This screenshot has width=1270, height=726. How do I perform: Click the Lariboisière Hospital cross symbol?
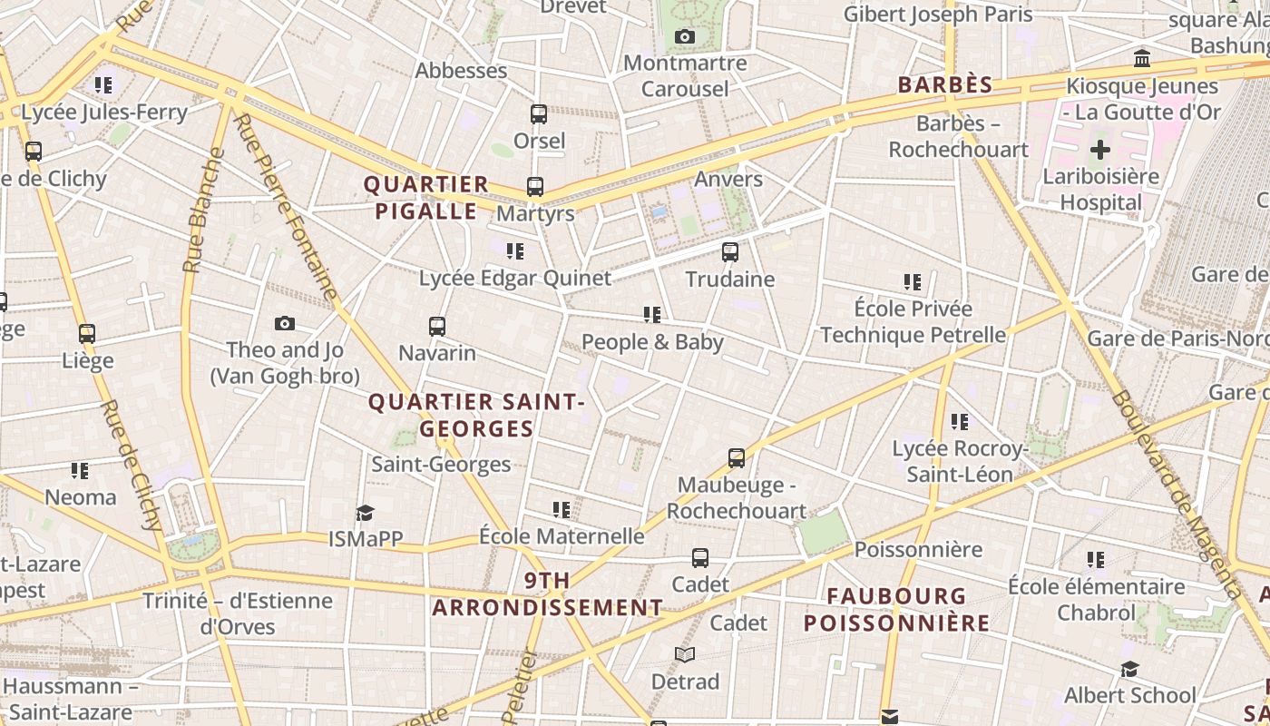tap(1099, 149)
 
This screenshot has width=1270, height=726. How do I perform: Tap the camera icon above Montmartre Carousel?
tap(685, 36)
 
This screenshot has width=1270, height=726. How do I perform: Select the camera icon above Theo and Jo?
tap(285, 324)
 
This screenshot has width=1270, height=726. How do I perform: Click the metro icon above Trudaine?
tap(730, 252)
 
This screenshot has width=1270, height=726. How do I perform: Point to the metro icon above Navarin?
tap(437, 326)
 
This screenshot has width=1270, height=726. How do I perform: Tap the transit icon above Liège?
tap(87, 334)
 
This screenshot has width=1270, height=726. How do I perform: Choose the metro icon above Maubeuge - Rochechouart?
tap(737, 458)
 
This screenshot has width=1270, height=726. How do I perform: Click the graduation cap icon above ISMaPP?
tap(365, 513)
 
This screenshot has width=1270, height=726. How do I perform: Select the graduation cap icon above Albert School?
tap(1129, 670)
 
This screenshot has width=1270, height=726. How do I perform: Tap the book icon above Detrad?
tap(685, 654)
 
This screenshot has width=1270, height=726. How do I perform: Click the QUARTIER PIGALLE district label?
tap(426, 198)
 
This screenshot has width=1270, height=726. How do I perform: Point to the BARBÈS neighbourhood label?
tap(945, 85)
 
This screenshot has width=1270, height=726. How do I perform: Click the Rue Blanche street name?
tap(202, 210)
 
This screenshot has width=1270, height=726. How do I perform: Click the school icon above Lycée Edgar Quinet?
tap(515, 251)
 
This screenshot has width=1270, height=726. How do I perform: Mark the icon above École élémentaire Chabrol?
tap(1096, 560)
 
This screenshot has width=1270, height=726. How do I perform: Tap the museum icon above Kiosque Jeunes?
tap(1142, 59)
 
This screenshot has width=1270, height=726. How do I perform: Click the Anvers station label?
tap(728, 179)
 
